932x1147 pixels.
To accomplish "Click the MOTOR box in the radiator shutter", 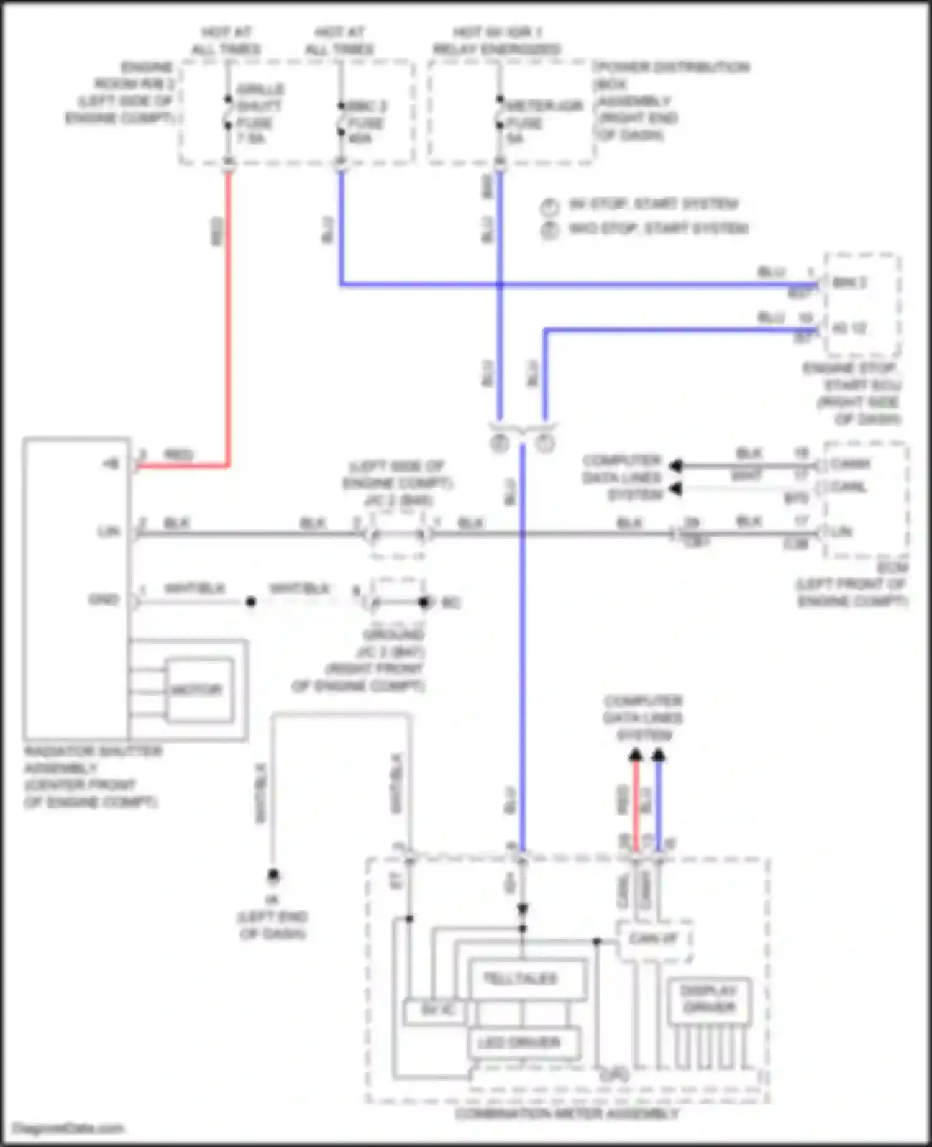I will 198,690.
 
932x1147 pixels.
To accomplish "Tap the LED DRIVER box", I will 519,1043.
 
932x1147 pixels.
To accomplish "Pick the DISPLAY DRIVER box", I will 708,1000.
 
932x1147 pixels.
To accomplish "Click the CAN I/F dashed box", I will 654,939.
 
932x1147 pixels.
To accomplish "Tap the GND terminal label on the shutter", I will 104,600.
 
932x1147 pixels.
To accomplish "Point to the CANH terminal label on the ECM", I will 851,464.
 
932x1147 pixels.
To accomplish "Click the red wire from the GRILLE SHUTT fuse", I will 228,311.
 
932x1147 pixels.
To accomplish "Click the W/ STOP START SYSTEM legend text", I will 653,204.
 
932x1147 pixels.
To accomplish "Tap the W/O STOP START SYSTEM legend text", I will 658,229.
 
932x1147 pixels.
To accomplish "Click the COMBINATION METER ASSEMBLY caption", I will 567,1114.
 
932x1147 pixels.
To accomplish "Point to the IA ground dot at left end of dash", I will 273,875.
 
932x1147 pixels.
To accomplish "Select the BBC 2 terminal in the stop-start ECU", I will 849,283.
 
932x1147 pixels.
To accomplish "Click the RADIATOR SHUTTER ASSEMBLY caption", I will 92,777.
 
